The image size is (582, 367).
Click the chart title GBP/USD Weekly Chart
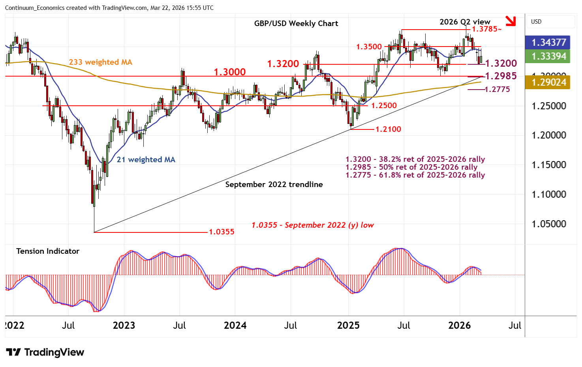tap(296, 23)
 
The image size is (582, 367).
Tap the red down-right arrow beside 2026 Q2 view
tap(511, 21)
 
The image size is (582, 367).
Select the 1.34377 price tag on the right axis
tap(549, 42)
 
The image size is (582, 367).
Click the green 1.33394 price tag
tap(549, 56)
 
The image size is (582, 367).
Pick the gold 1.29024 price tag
tap(549, 82)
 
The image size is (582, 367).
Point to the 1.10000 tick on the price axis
tap(549, 194)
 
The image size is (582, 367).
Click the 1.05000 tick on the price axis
tap(549, 224)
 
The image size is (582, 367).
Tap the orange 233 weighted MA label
tap(100, 62)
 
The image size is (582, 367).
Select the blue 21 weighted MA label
tap(146, 159)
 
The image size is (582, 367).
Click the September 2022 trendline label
tap(274, 184)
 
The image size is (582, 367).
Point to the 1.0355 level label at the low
tap(222, 232)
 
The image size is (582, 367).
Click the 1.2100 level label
tap(388, 129)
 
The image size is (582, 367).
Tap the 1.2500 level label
tap(384, 105)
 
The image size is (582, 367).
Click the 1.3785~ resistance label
tap(487, 29)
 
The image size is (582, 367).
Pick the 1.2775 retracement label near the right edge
tap(497, 90)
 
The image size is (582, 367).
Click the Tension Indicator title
tap(48, 251)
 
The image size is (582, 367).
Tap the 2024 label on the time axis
tap(235, 325)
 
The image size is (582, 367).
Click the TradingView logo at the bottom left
tap(45, 352)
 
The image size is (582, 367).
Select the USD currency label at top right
tap(536, 22)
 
